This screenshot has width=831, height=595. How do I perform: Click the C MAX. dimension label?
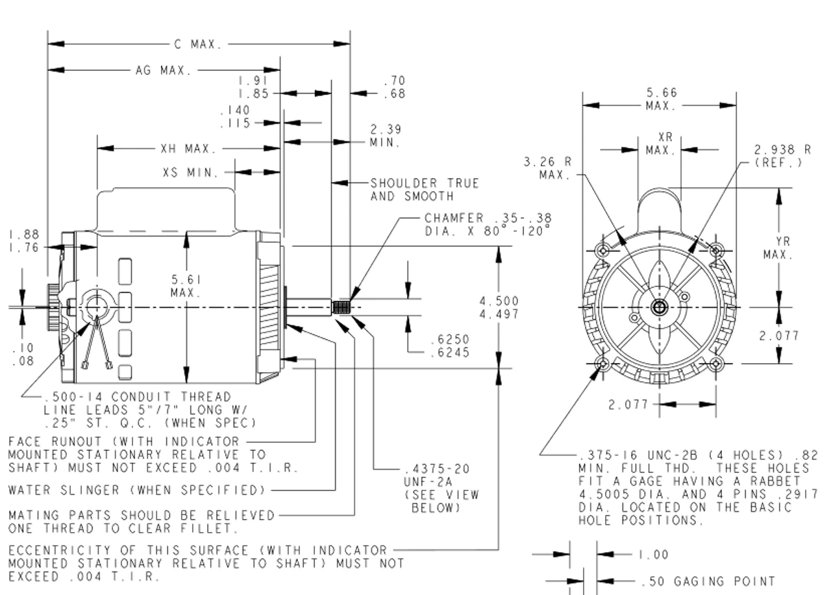point(198,45)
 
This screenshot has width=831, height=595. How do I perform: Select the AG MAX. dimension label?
point(163,70)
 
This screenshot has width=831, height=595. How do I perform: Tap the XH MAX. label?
point(188,149)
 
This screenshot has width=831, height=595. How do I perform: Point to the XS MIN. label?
point(191,173)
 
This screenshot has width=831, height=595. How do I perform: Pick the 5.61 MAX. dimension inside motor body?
point(186,286)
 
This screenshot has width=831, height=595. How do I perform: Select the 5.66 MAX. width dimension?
point(661,99)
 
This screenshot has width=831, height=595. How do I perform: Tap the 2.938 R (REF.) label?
point(782,155)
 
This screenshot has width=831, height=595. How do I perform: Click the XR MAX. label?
point(661,144)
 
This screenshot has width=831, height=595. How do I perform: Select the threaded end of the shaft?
point(341,307)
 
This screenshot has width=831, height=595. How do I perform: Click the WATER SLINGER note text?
point(137,488)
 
